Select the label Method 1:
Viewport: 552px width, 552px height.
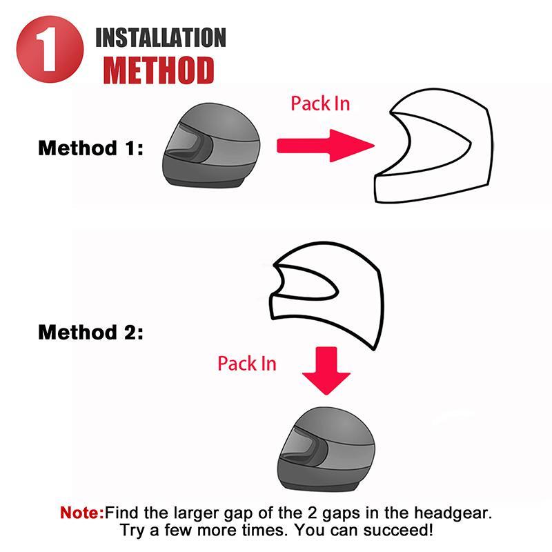point(90,148)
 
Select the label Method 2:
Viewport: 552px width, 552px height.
point(90,333)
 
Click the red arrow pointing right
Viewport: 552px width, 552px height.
point(324,146)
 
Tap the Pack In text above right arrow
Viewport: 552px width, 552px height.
point(319,103)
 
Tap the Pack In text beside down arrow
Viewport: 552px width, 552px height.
point(246,363)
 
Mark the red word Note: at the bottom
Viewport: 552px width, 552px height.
point(82,513)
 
